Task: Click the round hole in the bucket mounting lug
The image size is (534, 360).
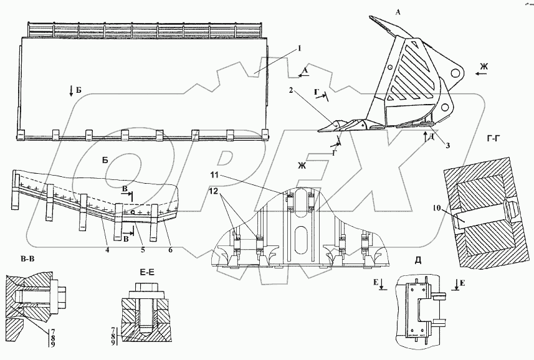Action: tap(456, 73)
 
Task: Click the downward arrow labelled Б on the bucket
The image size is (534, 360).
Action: tap(72, 91)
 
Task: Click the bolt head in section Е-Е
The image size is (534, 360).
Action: tap(143, 291)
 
